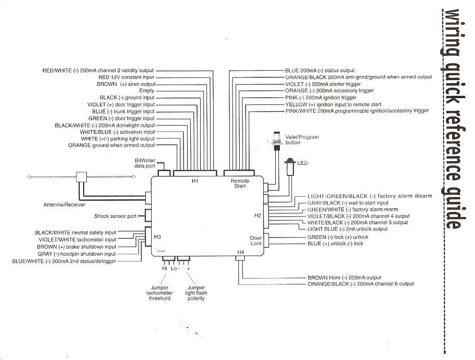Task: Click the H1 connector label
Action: tap(195, 181)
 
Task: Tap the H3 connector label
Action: tap(157, 237)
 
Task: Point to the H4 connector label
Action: tap(241, 252)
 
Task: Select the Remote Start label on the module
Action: tap(240, 183)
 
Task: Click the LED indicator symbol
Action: tap(290, 166)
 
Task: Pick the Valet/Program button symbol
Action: tap(277, 140)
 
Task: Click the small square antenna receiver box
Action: tap(81, 177)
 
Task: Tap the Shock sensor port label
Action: tap(116, 216)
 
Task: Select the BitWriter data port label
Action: tap(145, 163)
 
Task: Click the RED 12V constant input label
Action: tap(126, 77)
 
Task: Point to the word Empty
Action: tap(147, 90)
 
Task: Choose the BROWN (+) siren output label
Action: tap(125, 84)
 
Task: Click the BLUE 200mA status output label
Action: tap(320, 71)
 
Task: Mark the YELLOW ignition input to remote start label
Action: tap(333, 104)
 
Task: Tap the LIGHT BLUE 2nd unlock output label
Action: tap(347, 229)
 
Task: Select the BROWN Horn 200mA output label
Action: tap(344, 278)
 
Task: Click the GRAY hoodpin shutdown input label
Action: tap(76, 254)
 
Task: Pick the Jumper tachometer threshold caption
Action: tap(159, 293)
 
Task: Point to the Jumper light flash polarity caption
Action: tap(196, 293)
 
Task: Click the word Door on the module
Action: tap(255, 238)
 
